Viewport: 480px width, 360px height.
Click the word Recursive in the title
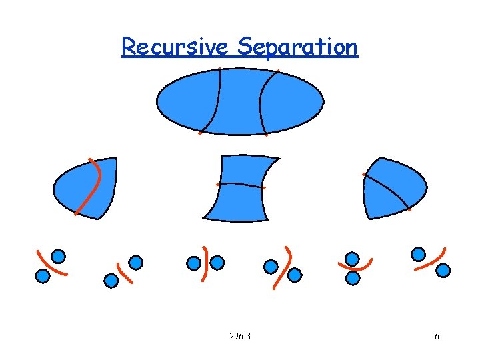(175, 47)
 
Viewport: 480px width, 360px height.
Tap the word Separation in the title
(297, 47)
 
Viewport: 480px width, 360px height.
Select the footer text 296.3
(239, 336)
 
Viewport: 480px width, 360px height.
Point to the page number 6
(437, 336)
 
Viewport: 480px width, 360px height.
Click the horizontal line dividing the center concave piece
(240, 185)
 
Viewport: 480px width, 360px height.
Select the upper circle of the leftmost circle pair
(59, 256)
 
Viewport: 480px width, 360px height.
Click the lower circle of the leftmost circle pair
(43, 275)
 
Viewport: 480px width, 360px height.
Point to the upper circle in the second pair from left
(136, 263)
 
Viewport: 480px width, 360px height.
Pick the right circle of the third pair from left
(217, 263)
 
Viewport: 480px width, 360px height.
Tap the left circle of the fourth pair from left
(271, 267)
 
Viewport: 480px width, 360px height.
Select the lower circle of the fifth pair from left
(353, 277)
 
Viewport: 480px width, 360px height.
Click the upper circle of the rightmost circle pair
(418, 254)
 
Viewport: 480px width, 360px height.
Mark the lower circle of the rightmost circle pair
(443, 270)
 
